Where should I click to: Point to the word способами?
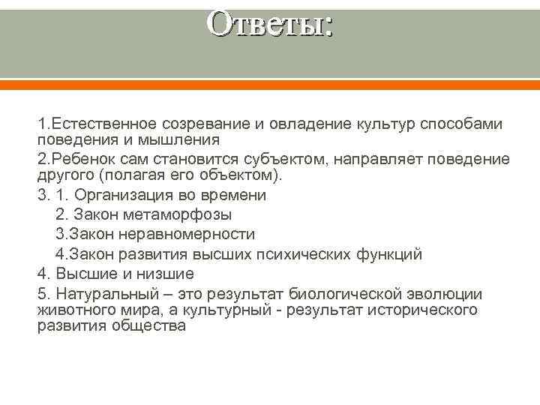[462, 123]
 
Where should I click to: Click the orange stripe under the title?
[270, 85]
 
